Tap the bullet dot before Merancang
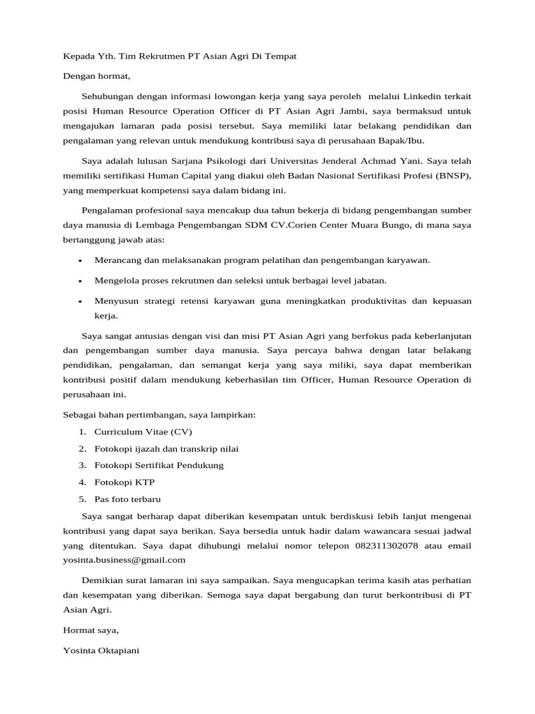coord(82,261)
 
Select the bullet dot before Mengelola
coord(82,281)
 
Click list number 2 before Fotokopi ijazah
coord(82,448)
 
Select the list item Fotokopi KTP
coord(125,482)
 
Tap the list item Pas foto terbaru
coord(127,499)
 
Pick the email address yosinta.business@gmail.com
coord(124,560)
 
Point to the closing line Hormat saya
coord(91,630)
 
